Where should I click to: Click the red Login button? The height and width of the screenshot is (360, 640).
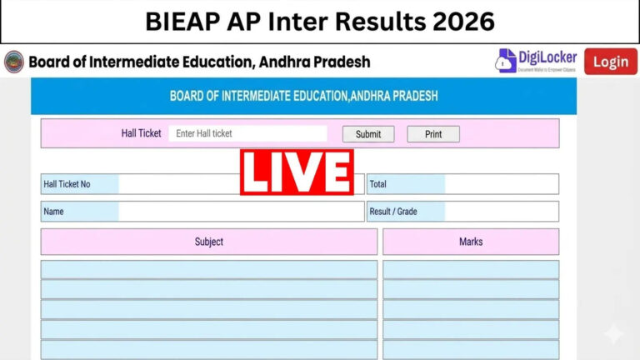tap(610, 62)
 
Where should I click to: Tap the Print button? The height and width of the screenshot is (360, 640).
tap(433, 134)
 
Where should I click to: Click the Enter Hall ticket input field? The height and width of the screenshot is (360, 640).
tap(247, 133)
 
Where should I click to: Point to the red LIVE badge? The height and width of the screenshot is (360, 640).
tap(297, 172)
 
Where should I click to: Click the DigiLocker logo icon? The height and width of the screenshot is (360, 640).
tap(507, 61)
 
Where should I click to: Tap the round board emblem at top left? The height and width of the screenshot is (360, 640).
tap(14, 62)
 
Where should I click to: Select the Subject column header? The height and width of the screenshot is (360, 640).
tap(209, 242)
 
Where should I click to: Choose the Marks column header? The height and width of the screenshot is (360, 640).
tap(471, 242)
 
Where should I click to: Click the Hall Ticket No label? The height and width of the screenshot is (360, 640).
tap(67, 184)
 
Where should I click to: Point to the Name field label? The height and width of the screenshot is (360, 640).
tap(54, 212)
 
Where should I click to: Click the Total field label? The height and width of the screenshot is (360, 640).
tap(378, 184)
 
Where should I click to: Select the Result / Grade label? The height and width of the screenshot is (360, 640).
tap(392, 212)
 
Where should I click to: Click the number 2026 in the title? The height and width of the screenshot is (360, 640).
tap(460, 21)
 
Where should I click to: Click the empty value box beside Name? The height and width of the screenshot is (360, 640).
tap(241, 212)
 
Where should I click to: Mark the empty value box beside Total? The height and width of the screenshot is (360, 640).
tap(501, 184)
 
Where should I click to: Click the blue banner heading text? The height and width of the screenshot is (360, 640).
tap(303, 96)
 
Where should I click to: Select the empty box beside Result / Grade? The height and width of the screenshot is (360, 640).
tap(501, 212)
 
